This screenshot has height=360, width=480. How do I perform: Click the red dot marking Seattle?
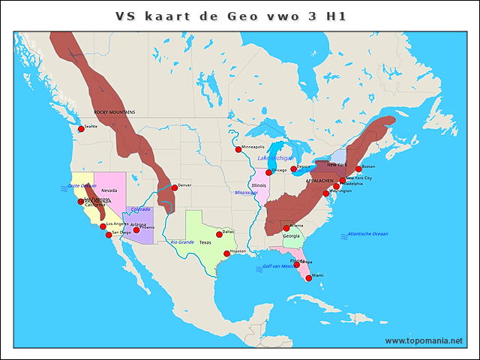tap(81, 129)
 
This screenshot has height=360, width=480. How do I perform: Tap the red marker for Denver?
tap(174, 187)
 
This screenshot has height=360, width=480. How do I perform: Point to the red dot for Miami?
tap(308, 277)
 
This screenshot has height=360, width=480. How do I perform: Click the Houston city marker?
tap(226, 253)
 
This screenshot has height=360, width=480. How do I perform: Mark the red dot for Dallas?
tap(219, 235)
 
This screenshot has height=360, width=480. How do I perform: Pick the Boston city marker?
tap(358, 169)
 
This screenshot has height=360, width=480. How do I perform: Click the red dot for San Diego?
tap(109, 235)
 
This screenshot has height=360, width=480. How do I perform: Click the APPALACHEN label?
tap(319, 181)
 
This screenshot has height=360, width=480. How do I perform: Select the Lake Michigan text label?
tap(274, 159)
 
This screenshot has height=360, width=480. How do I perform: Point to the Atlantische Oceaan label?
tap(367, 235)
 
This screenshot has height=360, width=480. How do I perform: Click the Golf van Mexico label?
tap(280, 266)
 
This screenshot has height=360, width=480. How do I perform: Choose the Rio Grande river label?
tap(182, 242)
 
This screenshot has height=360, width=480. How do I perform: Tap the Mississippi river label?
tap(246, 193)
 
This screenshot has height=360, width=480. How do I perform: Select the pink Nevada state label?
tap(109, 190)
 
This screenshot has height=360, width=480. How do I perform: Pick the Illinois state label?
tap(259, 185)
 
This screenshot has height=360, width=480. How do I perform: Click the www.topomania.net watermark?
tap(424, 340)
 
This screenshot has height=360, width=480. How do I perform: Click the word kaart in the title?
tap(177, 16)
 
